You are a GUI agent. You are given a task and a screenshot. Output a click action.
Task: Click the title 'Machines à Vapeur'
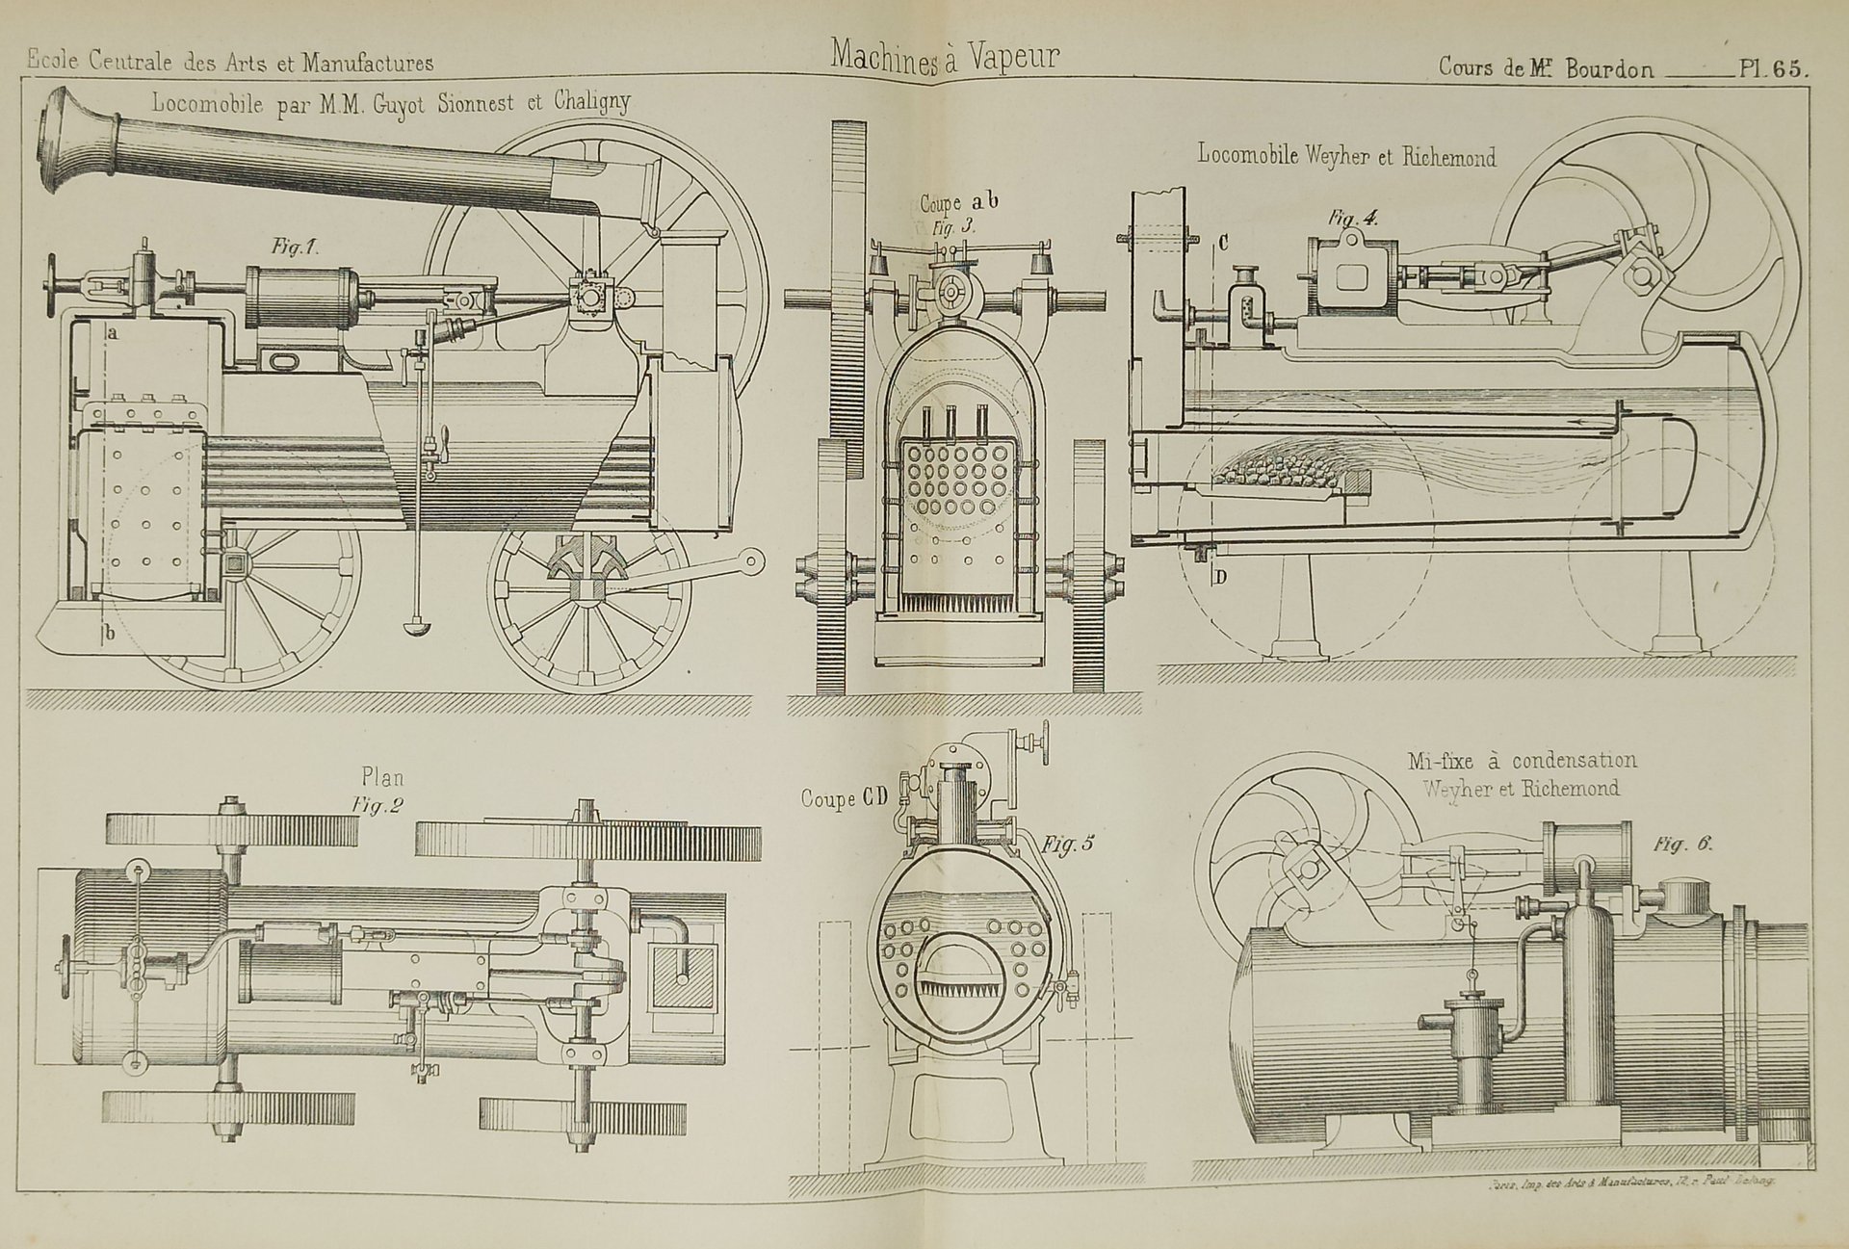pos(945,57)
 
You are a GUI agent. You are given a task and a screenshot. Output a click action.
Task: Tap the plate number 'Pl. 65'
pos(1774,68)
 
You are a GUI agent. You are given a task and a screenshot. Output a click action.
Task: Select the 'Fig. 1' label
pos(295,247)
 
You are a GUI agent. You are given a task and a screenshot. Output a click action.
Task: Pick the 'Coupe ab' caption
pos(959,203)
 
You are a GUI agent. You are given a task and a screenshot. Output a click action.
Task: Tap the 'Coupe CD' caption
pos(845,798)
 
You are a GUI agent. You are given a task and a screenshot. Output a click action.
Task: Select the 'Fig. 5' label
pos(1069,846)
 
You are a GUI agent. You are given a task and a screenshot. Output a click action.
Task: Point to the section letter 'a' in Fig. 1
pos(113,333)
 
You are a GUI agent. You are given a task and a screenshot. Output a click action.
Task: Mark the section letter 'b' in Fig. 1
pos(110,633)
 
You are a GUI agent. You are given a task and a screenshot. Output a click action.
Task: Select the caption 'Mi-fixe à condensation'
pos(1522,762)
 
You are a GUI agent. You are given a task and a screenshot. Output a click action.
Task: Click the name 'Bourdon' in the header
pos(1609,68)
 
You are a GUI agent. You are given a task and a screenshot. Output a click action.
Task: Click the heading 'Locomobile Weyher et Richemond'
pos(1346,155)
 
